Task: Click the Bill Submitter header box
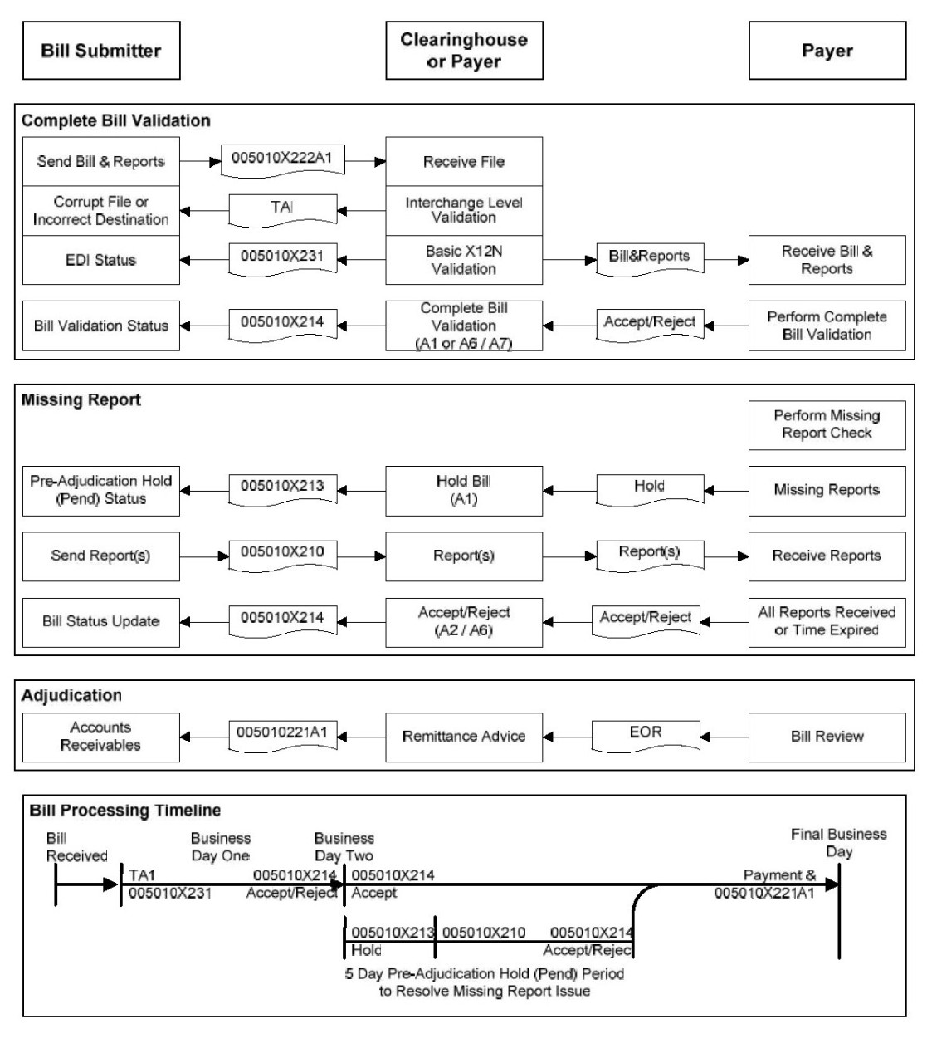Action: (101, 51)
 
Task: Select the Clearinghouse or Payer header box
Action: (464, 51)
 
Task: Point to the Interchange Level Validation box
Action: (464, 210)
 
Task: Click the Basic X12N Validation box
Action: (464, 260)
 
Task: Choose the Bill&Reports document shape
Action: (650, 257)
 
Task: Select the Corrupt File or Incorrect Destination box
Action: (101, 211)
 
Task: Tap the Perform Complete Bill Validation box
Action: (827, 326)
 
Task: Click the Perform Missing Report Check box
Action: (827, 425)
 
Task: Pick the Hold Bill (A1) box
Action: (464, 491)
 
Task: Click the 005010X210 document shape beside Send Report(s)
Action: (283, 554)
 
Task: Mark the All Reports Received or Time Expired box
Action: (827, 622)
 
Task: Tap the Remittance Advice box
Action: (464, 737)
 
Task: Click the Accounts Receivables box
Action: (101, 737)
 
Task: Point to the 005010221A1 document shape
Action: (283, 734)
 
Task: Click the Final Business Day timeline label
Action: (838, 843)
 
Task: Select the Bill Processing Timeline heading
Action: (125, 810)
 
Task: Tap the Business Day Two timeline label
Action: (344, 847)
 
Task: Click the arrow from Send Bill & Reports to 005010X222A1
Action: (200, 161)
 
